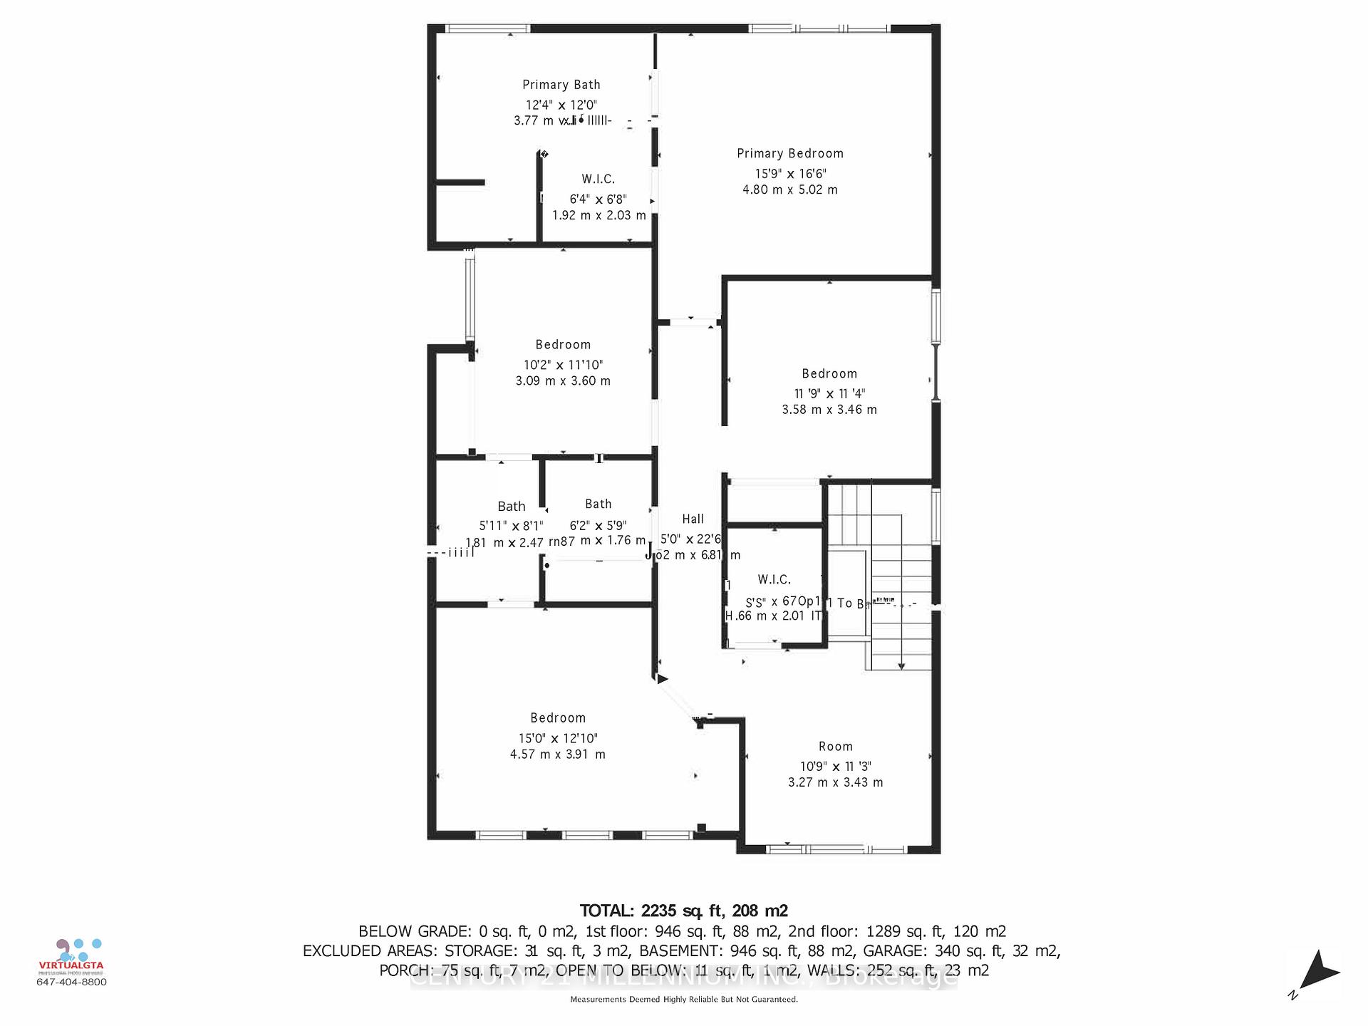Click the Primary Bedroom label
tap(789, 153)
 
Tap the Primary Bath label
tap(561, 85)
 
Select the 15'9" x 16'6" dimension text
tap(790, 174)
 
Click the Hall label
tap(693, 519)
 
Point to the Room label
tap(835, 747)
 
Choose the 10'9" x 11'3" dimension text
tap(835, 767)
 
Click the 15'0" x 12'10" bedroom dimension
tap(558, 739)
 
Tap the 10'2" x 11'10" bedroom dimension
tap(563, 365)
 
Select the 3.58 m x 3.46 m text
tap(829, 410)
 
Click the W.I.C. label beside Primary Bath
tap(598, 179)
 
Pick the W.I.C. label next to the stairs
tap(774, 580)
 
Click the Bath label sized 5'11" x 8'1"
tap(511, 507)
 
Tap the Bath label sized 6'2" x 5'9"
tap(598, 504)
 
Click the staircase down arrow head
tap(901, 666)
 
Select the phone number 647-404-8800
tap(71, 982)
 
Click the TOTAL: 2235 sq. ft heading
tap(683, 911)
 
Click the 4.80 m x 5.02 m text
tap(789, 190)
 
